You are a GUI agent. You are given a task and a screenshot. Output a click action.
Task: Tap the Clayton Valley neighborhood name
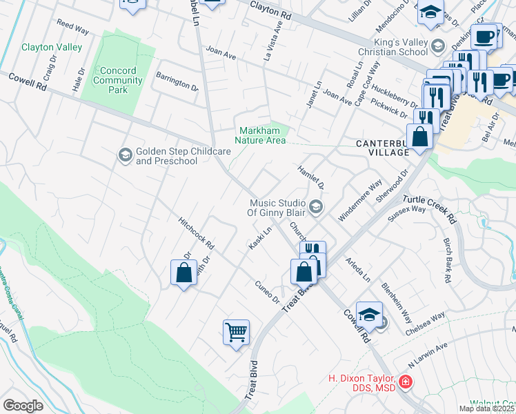click(x=52, y=48)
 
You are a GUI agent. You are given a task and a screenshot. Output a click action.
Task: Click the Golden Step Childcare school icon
click(x=126, y=153)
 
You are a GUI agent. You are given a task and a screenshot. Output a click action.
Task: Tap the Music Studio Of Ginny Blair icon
click(x=315, y=206)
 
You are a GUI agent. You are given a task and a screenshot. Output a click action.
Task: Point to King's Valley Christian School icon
click(x=437, y=46)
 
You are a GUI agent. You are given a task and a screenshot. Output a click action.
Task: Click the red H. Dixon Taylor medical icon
click(x=406, y=381)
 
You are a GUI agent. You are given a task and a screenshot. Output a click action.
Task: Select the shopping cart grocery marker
click(x=236, y=333)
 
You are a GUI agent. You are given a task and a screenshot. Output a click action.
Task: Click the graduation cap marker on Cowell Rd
click(x=369, y=314)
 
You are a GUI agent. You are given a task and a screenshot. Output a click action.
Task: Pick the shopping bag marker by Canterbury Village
click(x=419, y=137)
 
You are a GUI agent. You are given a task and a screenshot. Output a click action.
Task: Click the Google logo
click(x=23, y=405)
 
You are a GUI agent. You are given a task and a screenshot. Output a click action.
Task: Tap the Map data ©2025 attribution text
click(x=486, y=408)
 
